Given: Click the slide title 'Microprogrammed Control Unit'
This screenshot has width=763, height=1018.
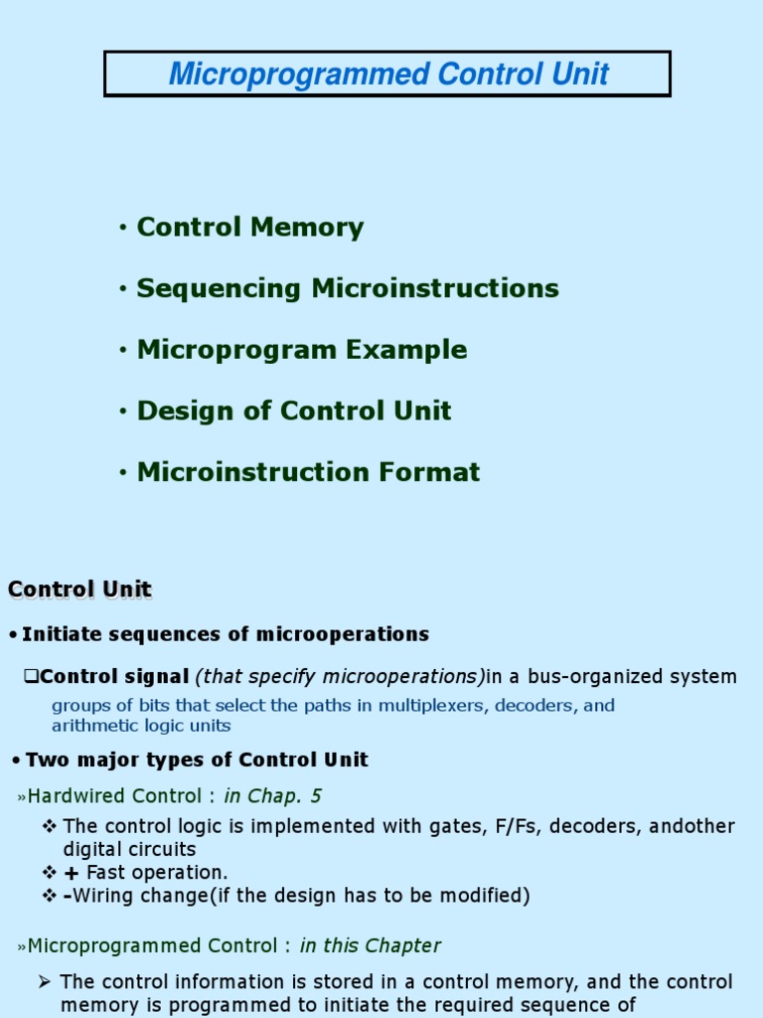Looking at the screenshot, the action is click(x=388, y=74).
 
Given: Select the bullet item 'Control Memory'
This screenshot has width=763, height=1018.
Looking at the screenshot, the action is click(x=249, y=228).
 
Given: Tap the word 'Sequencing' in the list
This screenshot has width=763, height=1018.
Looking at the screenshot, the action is click(x=219, y=289).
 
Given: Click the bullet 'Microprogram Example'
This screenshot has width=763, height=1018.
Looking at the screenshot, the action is click(x=302, y=350).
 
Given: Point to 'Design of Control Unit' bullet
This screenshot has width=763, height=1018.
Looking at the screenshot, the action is click(x=294, y=411).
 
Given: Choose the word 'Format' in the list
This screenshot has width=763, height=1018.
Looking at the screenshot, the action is click(x=429, y=472).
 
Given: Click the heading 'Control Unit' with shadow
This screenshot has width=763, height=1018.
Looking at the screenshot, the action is click(x=79, y=590).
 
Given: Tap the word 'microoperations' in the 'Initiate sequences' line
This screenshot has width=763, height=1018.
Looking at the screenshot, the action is click(x=343, y=634).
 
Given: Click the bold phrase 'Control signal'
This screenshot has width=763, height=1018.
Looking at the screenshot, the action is click(x=114, y=676).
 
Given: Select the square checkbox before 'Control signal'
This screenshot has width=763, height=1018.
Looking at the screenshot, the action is click(x=31, y=676).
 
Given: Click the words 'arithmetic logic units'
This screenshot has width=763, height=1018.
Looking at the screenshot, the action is click(x=141, y=726).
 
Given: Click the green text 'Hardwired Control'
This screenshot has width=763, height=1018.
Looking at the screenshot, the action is click(x=114, y=796).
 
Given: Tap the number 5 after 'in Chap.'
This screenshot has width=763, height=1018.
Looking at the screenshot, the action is click(x=316, y=796).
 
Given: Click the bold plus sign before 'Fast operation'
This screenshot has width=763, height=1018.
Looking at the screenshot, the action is click(x=72, y=873).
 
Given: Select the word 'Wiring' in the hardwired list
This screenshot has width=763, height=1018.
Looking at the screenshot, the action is click(x=103, y=896).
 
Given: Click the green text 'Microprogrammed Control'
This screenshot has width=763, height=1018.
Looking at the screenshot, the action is click(x=152, y=946).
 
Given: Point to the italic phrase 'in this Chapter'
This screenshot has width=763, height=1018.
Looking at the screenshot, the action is click(x=370, y=946).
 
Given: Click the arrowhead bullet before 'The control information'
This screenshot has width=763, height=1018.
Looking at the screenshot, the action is click(x=44, y=981).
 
